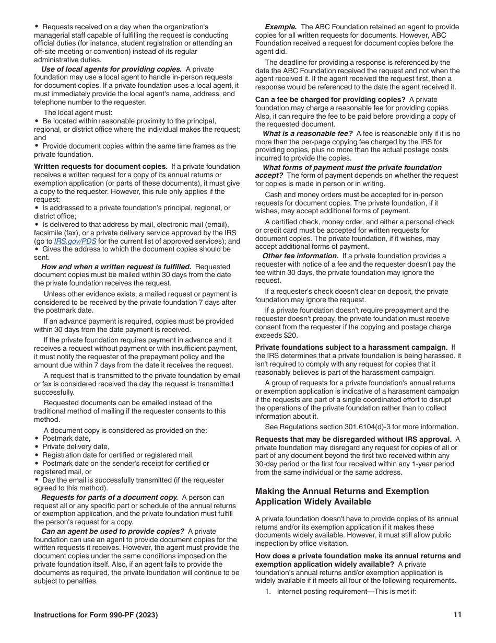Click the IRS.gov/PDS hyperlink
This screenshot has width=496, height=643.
75,242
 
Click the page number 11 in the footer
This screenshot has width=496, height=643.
457,615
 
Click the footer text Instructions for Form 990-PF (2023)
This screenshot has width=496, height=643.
96,615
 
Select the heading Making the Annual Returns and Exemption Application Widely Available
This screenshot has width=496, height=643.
342,497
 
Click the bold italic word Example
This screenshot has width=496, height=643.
281,27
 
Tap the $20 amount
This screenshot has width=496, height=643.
298,335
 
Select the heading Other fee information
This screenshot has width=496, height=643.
300,256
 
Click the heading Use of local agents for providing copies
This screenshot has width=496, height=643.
111,69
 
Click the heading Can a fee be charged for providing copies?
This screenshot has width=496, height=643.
330,99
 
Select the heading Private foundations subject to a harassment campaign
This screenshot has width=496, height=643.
351,347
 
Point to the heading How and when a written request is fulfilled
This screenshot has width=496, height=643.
116,267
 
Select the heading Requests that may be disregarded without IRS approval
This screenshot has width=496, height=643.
353,439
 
